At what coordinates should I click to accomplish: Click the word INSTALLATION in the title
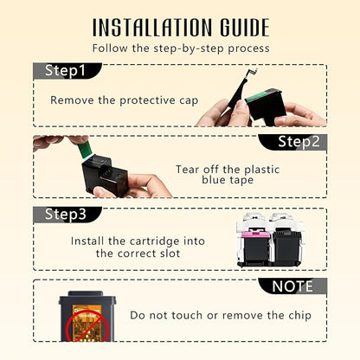tap(152, 28)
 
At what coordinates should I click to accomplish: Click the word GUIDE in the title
tap(245, 28)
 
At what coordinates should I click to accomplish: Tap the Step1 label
tap(65, 71)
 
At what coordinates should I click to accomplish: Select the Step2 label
tap(299, 142)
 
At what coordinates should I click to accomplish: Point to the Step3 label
tap(66, 214)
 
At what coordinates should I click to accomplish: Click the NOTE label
tap(292, 286)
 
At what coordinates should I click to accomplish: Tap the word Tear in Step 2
tap(188, 170)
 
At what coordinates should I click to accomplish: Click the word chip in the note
tap(299, 315)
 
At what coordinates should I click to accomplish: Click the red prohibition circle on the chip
tap(87, 327)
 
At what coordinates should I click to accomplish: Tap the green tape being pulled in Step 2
tap(85, 150)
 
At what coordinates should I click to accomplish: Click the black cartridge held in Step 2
tap(105, 174)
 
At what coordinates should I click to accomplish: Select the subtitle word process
tap(248, 48)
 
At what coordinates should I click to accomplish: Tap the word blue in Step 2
tap(213, 180)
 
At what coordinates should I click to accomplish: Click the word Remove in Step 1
tap(72, 100)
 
